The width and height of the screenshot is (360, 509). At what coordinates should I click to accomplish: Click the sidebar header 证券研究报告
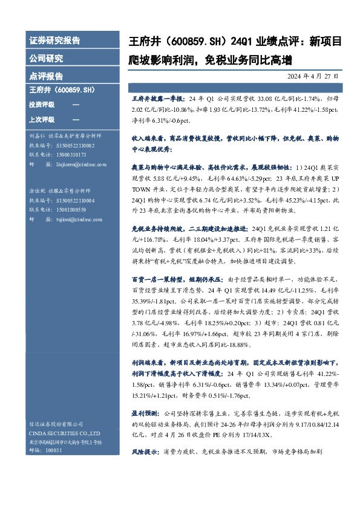(x=54, y=41)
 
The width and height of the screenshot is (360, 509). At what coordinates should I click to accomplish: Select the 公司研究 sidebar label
(x=46, y=59)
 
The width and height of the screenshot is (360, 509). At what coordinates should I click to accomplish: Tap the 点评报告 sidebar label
(x=46, y=76)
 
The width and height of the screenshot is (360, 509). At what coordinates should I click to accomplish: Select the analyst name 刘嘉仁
(x=37, y=137)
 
